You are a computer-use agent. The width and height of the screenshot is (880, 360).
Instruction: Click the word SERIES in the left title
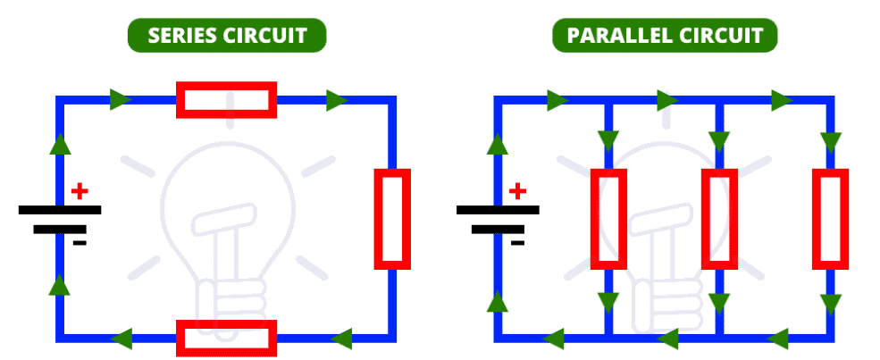coord(179,36)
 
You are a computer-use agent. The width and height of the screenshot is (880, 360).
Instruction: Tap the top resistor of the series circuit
coord(226,99)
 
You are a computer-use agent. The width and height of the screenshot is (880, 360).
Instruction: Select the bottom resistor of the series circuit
coord(226,337)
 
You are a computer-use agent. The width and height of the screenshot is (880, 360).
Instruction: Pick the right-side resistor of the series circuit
coord(391,219)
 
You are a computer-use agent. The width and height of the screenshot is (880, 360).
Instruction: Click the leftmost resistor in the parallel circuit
coord(608,219)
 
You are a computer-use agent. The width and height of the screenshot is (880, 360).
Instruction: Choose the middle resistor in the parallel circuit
coord(719,219)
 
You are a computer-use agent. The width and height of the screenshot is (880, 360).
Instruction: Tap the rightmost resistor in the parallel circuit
coord(830,219)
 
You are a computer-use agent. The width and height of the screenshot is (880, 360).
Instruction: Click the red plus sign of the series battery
coord(80,190)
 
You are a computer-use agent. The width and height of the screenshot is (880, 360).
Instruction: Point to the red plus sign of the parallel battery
coord(517,190)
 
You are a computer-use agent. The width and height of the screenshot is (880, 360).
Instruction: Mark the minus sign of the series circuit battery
coord(80,242)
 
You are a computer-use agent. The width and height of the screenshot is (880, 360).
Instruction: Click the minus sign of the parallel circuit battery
coord(517,242)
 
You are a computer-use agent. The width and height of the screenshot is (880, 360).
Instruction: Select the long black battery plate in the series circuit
coord(60,210)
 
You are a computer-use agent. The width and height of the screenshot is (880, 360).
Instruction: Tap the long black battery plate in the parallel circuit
coord(498,210)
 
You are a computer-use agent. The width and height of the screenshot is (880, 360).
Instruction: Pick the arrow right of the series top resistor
coord(337,100)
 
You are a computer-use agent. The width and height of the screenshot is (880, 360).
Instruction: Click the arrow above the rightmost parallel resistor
coord(831,141)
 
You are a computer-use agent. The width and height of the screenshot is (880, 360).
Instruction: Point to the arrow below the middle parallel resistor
coord(719,301)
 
